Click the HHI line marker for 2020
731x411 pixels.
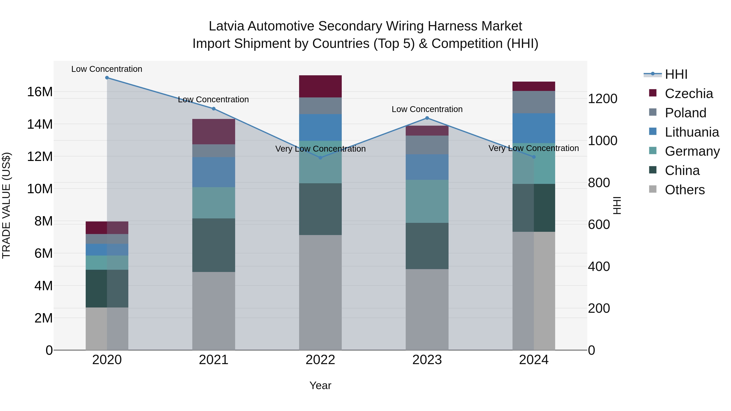pos(107,78)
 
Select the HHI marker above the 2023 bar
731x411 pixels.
pos(427,118)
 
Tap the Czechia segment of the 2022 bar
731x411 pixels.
pos(320,86)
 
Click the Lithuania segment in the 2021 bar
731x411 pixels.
pos(214,172)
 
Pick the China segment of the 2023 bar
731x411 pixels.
pos(427,246)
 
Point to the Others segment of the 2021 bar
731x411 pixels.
pos(214,311)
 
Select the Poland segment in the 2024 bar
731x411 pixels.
pos(534,102)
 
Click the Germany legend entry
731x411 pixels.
pos(692,151)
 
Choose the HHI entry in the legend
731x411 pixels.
pos(676,74)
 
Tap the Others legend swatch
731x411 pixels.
pos(653,189)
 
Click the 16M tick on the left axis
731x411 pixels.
pos(40,92)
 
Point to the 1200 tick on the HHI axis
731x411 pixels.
pos(602,99)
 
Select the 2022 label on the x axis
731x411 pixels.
pos(320,360)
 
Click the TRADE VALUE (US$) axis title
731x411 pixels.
pos(6,205)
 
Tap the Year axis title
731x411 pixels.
pos(320,385)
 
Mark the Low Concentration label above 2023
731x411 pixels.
pos(427,109)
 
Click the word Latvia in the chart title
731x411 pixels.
pos(226,26)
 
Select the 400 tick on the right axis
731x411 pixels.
pos(599,267)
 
